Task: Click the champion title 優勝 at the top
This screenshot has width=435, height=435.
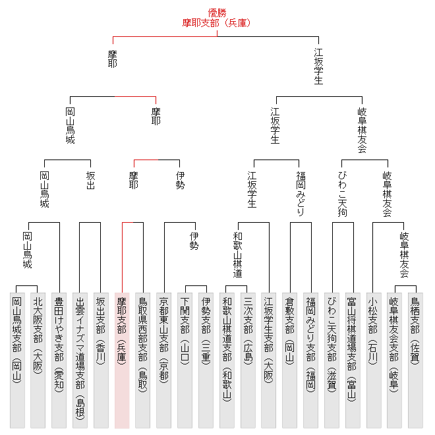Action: click(217, 13)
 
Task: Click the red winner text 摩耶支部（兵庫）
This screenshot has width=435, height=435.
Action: click(217, 23)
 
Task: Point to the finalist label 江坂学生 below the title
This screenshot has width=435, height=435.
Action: click(319, 66)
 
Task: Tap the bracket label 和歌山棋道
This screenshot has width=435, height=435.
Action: click(237, 254)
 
